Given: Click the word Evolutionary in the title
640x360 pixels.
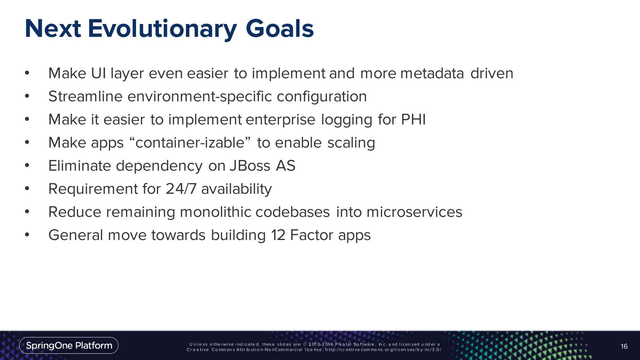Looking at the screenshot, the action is point(162,29).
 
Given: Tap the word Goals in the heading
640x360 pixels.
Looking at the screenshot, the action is point(280,29).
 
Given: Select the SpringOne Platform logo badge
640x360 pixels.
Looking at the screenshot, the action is point(69,346).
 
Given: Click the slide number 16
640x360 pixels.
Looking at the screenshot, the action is point(624,346).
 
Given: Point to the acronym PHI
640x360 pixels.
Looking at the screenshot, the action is point(413,119).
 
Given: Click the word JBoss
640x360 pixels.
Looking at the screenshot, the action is point(250,166).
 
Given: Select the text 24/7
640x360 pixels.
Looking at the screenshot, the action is point(181,189).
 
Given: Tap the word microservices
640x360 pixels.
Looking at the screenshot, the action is point(414,212).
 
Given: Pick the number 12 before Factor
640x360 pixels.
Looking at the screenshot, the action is point(278,235).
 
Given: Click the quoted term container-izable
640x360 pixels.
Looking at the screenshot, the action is point(190,142).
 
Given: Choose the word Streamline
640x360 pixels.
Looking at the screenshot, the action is point(85,96).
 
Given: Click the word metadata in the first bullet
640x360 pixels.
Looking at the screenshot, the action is point(432,74).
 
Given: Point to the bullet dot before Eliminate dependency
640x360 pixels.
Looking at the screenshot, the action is point(27,165).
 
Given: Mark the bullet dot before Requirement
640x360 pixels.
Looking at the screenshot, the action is point(27,188).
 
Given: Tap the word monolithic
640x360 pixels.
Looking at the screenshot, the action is point(216,212).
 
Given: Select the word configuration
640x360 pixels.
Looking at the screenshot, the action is point(322,97).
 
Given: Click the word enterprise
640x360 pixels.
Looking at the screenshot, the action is point(280,120).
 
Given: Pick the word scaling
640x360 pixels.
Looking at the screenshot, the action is point(351,143).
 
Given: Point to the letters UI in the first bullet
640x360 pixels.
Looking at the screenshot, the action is point(98,74).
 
